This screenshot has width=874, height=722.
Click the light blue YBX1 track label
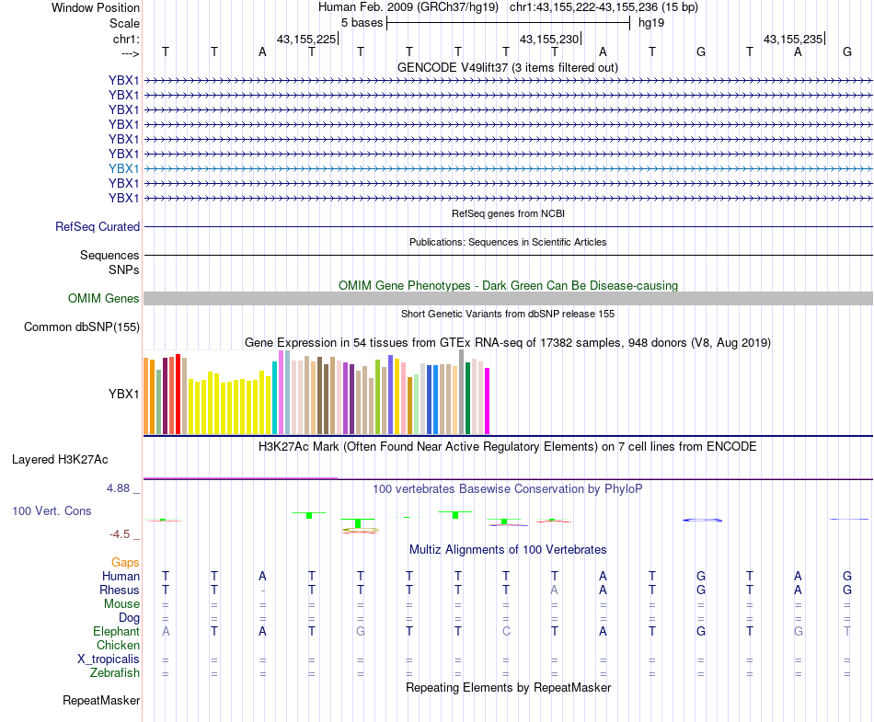[123, 168]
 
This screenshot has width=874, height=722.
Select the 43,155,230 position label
[549, 39]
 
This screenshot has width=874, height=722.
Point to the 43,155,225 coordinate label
[306, 39]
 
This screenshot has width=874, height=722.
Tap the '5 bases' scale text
[360, 21]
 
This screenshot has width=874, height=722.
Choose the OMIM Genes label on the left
[104, 298]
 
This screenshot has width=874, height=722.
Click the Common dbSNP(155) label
[82, 327]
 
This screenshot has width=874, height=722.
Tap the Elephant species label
[116, 631]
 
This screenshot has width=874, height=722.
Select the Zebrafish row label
[114, 673]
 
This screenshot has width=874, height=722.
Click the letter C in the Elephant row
[506, 631]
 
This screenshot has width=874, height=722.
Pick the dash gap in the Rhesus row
[263, 590]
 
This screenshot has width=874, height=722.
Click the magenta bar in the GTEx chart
[487, 401]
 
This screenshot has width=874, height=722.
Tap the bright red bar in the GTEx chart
[178, 394]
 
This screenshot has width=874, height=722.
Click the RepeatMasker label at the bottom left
[101, 701]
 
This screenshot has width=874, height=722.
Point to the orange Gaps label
[125, 562]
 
